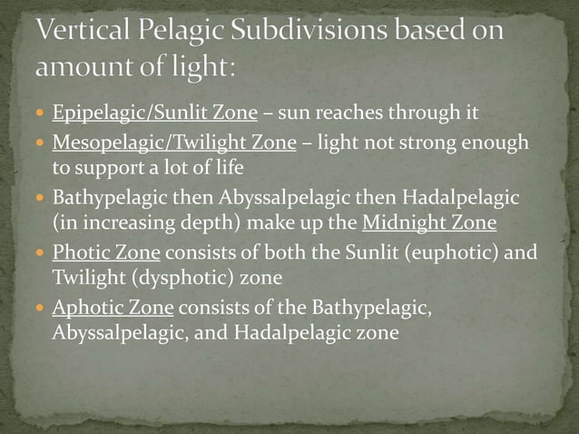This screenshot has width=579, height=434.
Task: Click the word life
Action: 235,169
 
